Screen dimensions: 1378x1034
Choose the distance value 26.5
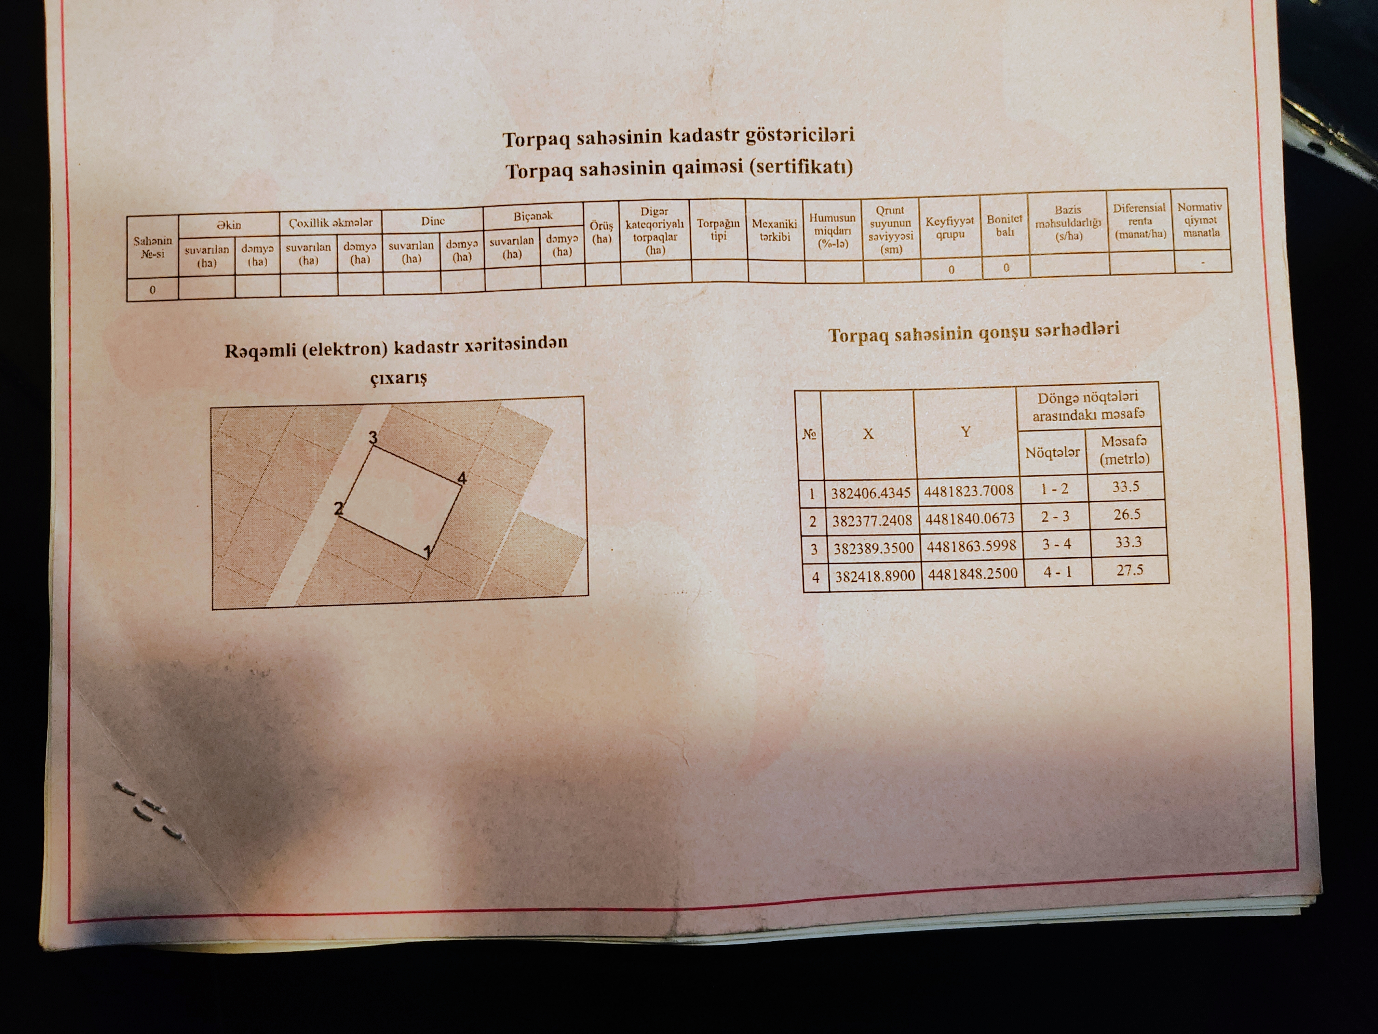pos(1127,514)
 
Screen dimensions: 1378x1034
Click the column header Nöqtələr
pos(1052,452)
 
